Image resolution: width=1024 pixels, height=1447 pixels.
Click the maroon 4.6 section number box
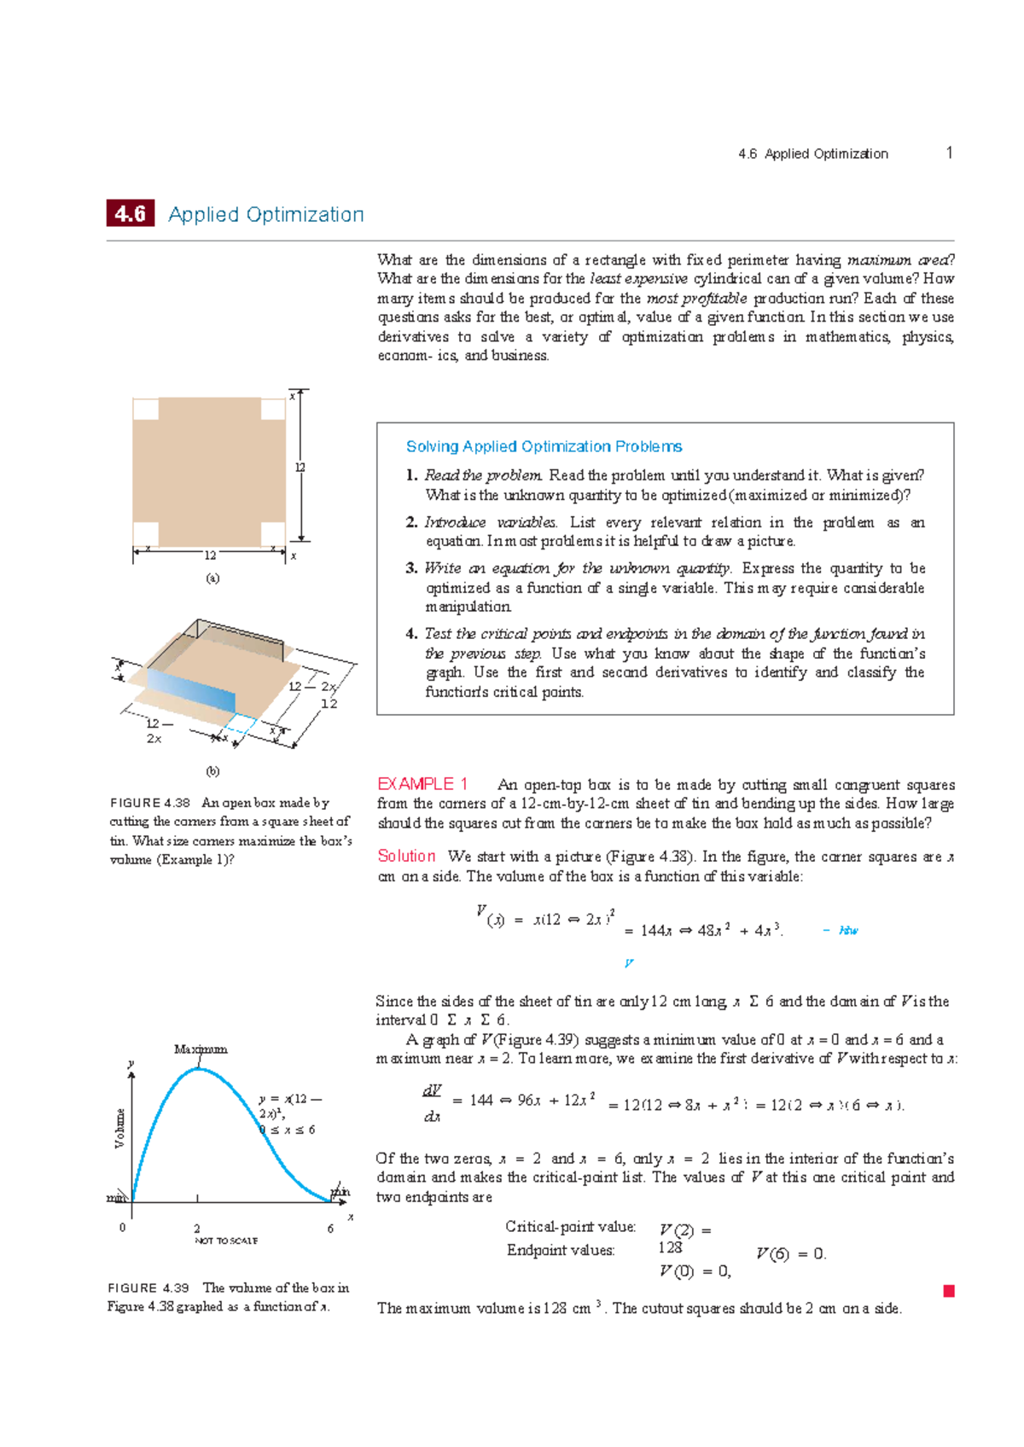tap(130, 213)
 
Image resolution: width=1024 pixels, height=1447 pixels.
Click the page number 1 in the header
tap(948, 153)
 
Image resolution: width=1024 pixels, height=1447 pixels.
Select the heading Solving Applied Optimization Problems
tap(544, 446)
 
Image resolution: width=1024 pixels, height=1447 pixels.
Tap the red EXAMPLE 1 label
tap(422, 784)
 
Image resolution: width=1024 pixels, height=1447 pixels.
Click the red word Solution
tap(406, 856)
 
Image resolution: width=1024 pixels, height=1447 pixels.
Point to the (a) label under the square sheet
tap(212, 578)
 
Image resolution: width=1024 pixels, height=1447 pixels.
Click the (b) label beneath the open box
tap(212, 771)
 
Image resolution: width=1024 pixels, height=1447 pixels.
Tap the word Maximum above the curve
tap(201, 1049)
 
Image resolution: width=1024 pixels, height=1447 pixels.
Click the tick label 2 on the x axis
tap(197, 1229)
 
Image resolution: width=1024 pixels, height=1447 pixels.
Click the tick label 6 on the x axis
tap(330, 1229)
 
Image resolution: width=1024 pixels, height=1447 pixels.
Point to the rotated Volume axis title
tap(120, 1128)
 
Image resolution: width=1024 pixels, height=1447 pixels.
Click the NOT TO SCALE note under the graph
tap(226, 1241)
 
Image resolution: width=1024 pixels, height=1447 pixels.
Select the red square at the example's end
tap(948, 1291)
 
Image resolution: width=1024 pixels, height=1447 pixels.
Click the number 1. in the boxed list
tap(411, 475)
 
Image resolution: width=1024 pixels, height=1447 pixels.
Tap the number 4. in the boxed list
tap(411, 634)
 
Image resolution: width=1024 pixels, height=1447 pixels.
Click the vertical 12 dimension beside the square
tap(300, 468)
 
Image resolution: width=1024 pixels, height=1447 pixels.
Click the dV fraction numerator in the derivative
tap(432, 1091)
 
